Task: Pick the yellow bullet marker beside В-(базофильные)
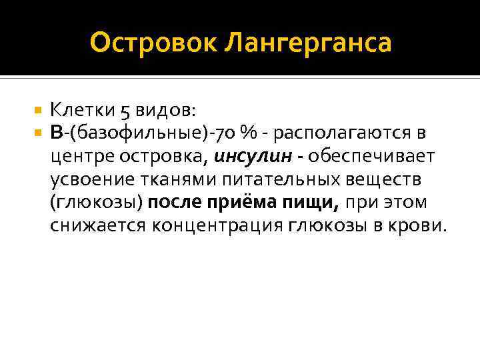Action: click(x=37, y=132)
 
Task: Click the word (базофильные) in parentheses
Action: click(x=139, y=133)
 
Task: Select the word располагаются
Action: click(x=343, y=133)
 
